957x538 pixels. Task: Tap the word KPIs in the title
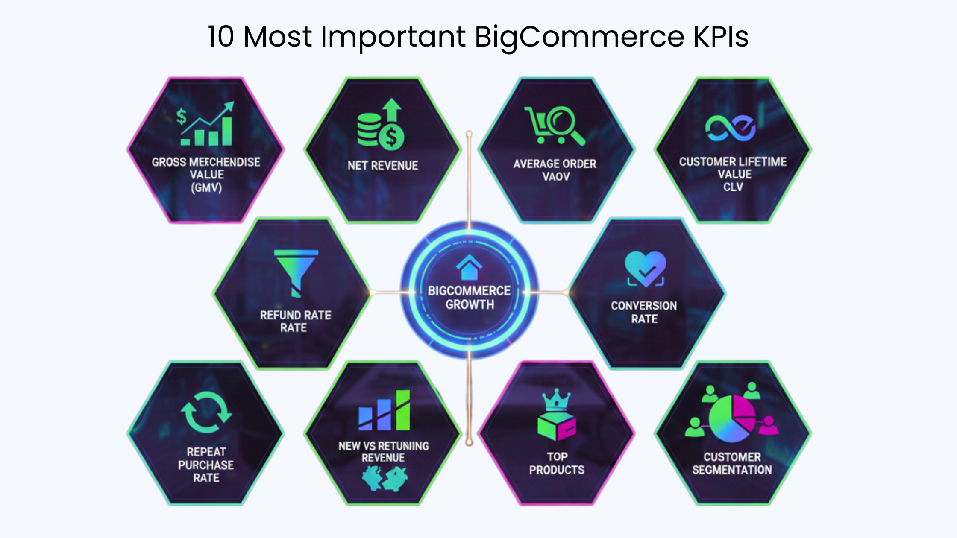(721, 36)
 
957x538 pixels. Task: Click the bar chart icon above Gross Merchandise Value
(207, 124)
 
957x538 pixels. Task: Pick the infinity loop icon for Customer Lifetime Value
(730, 128)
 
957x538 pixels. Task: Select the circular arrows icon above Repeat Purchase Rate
(206, 412)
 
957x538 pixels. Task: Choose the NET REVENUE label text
(383, 166)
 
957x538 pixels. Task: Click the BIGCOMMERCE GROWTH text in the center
(470, 298)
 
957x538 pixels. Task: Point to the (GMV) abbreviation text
(206, 188)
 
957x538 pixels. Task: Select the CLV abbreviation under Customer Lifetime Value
(733, 187)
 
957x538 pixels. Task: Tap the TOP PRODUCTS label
(557, 463)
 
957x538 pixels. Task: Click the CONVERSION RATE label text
(644, 312)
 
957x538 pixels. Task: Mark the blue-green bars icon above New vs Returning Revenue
(384, 410)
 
